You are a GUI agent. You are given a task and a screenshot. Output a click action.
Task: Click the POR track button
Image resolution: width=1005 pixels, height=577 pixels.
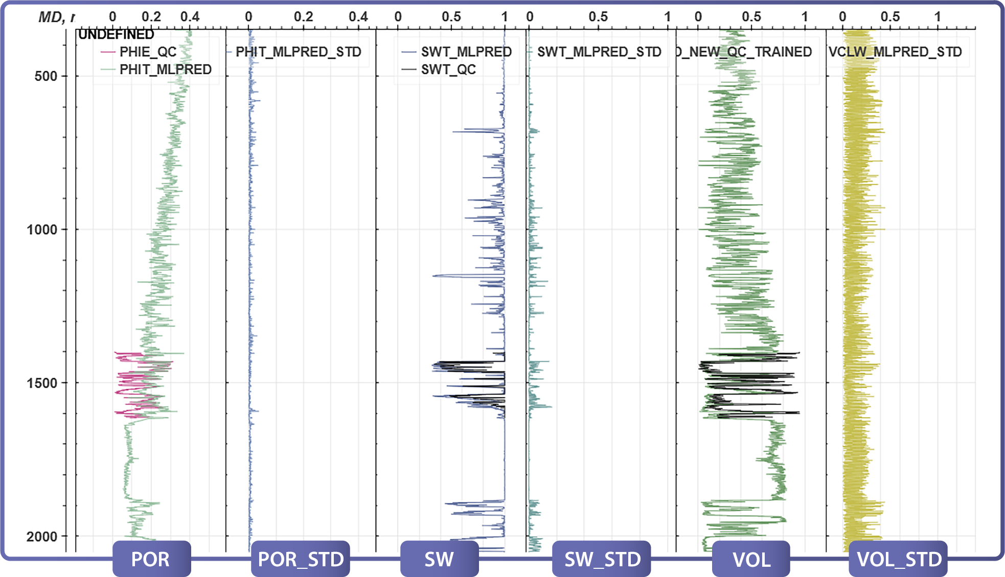click(x=151, y=559)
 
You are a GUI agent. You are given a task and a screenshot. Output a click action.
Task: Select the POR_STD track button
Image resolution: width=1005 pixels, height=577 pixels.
click(x=301, y=559)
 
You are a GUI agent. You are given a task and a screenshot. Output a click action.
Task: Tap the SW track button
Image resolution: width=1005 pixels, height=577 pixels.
click(x=439, y=559)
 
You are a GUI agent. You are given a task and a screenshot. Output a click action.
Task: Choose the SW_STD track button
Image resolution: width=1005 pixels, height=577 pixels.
click(x=602, y=559)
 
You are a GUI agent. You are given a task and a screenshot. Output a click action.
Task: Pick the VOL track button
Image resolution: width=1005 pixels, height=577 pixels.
click(x=751, y=559)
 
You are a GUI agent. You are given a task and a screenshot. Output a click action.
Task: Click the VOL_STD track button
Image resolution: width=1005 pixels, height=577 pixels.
click(x=899, y=559)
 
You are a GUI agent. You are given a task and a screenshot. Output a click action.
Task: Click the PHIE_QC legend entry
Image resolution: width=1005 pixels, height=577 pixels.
click(x=148, y=52)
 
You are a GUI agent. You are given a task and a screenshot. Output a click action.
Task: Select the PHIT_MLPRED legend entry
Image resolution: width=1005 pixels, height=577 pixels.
click(x=165, y=70)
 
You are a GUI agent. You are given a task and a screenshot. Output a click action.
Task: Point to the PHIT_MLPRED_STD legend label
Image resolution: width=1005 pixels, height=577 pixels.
click(x=298, y=52)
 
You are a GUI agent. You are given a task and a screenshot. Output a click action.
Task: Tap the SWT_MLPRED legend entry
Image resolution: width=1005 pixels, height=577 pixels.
click(x=466, y=52)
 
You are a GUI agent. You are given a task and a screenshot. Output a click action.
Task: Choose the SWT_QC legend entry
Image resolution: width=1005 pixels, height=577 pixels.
click(x=448, y=70)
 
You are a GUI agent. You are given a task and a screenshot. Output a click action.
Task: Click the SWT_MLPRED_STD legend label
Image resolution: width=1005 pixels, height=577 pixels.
click(x=599, y=52)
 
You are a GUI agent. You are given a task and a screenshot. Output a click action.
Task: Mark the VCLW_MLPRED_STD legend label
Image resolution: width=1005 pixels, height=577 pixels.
click(x=895, y=52)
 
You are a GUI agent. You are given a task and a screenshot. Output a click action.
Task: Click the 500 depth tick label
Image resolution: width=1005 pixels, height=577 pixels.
click(x=45, y=76)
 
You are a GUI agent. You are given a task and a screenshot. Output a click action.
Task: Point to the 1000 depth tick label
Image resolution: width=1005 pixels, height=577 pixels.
click(x=42, y=229)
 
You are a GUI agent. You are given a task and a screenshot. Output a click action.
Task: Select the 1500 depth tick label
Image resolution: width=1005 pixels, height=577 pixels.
click(x=42, y=383)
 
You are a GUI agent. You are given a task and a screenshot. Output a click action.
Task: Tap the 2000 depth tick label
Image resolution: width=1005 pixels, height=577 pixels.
click(x=42, y=537)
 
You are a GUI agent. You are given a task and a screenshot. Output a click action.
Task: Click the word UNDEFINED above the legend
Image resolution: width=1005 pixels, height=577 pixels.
click(x=116, y=34)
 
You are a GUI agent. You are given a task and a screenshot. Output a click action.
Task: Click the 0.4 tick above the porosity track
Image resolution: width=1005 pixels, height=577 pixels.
click(x=190, y=17)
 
